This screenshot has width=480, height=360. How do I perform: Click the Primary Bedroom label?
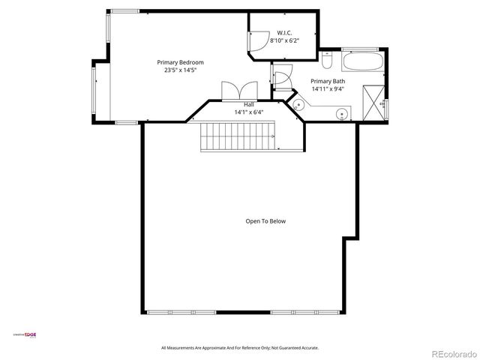coord(180,62)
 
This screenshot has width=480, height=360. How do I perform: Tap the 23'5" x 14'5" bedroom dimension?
coord(180,70)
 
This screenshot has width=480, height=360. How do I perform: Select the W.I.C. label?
coord(284,32)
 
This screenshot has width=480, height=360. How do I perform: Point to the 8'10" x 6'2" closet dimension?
coord(284,40)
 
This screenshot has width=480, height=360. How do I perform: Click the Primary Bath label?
coord(328,81)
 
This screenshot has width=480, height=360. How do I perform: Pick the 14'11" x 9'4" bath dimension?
coord(328,89)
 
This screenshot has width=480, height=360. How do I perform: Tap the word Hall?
coord(248,105)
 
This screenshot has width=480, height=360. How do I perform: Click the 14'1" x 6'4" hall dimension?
coord(248,112)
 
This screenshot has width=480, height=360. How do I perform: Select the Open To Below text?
coord(265,221)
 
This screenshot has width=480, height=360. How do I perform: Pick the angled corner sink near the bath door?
coord(299,106)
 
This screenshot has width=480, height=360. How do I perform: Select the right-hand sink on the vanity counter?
coord(341,115)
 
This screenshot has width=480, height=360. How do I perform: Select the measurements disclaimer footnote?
coord(240,348)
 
